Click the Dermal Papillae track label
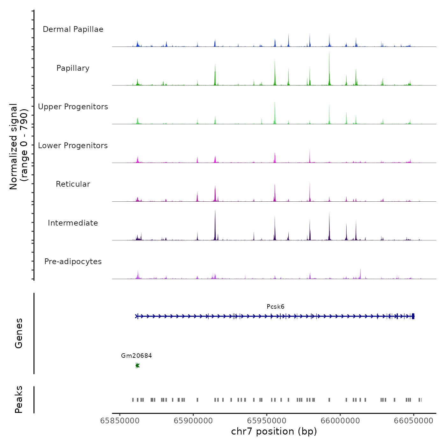pos(73,29)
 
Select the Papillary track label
pos(73,68)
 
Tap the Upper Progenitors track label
pos(73,107)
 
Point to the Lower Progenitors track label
pos(73,146)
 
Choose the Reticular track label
pos(73,184)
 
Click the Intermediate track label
pos(73,223)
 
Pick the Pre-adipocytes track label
pos(73,262)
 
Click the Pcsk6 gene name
pos(276,307)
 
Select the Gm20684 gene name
pos(136,356)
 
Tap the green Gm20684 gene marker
pos(137,365)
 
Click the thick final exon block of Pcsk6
pos(413,316)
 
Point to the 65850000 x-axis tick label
pos(120,421)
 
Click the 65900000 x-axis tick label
pos(193,421)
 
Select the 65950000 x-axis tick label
pos(267,421)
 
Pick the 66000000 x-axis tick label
pos(340,421)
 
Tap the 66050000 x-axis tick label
pos(414,421)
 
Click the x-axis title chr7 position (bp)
pos(274,432)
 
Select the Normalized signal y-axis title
pos(18,147)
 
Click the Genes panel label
pos(19,333)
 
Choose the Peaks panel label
pos(19,399)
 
